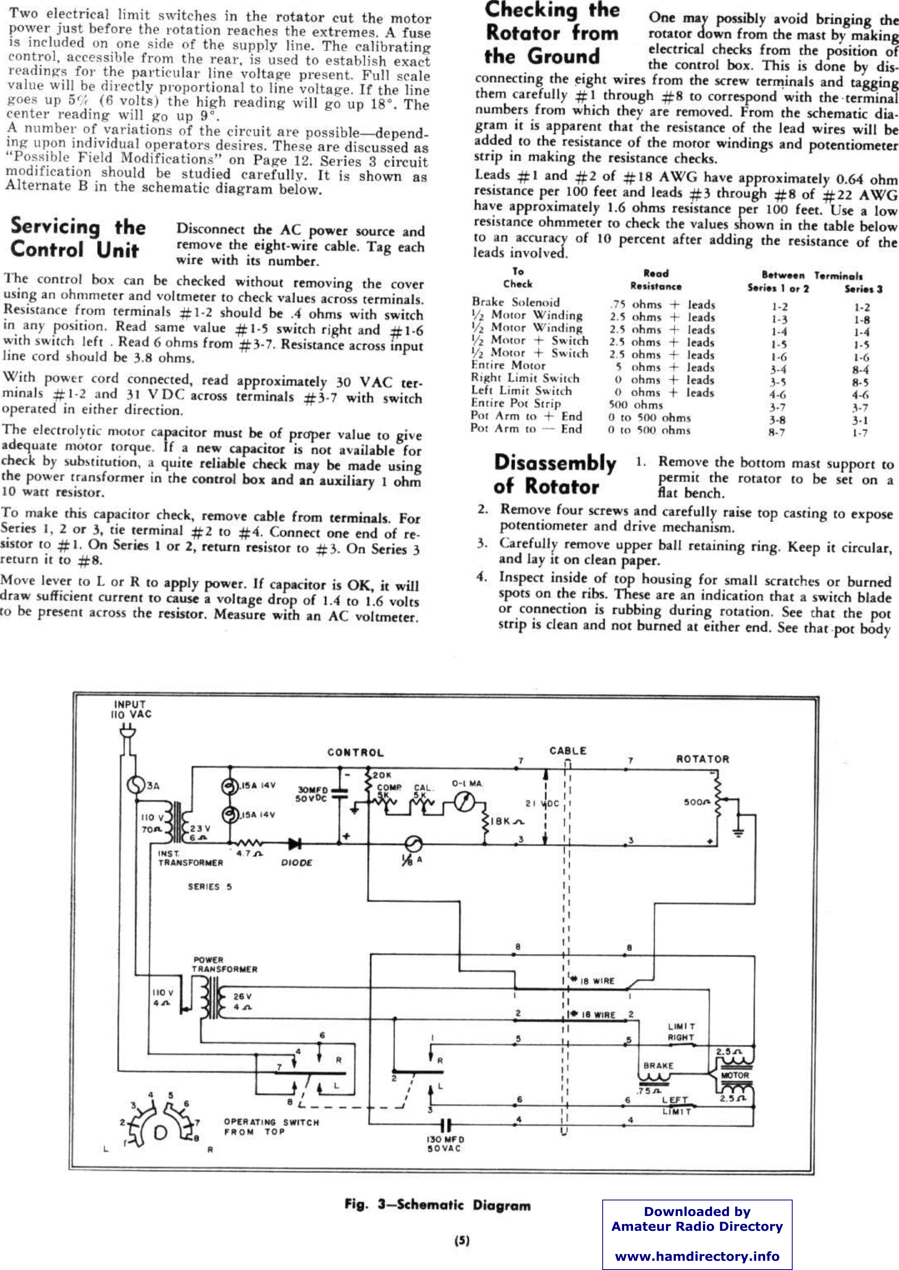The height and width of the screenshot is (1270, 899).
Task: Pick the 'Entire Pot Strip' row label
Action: click(515, 404)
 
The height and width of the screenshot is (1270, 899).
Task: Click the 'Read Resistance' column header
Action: click(656, 280)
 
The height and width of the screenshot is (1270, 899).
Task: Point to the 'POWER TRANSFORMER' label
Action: click(224, 964)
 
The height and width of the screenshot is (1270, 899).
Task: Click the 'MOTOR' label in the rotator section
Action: click(735, 1075)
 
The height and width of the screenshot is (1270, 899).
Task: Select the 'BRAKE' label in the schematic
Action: click(658, 1065)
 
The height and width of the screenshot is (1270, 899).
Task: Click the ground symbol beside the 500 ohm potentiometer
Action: click(739, 832)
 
